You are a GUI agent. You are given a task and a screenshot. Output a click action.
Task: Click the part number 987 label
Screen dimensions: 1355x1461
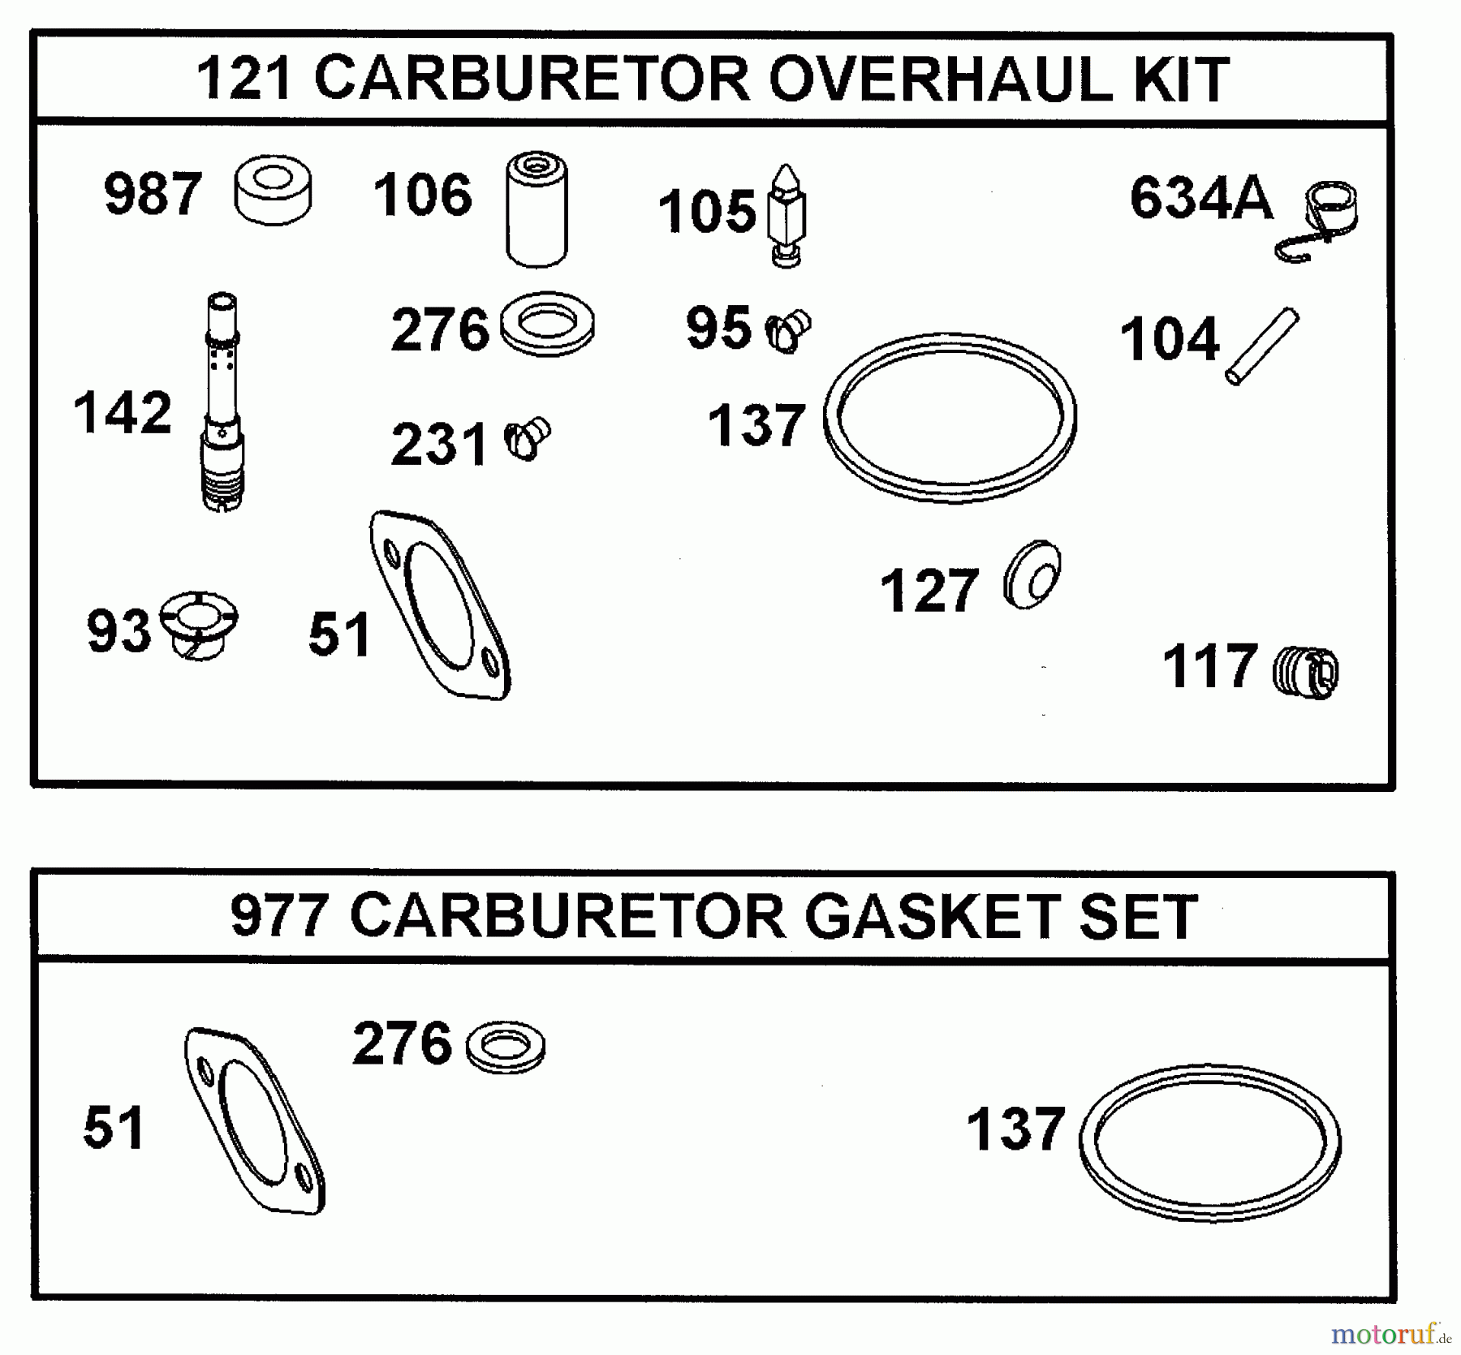[152, 195]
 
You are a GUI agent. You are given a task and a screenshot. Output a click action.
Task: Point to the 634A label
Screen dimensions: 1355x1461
[1201, 199]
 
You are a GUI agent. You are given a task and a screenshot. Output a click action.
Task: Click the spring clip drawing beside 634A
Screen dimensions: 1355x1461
[1321, 222]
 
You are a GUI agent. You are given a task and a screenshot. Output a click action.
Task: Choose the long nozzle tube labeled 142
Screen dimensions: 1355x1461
[222, 402]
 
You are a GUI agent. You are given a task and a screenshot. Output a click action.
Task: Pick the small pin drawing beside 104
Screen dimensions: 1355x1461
[1261, 346]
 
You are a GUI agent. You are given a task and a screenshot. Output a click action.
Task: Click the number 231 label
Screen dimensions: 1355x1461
[439, 445]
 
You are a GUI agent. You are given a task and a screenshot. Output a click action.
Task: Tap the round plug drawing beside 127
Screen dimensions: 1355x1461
[1032, 574]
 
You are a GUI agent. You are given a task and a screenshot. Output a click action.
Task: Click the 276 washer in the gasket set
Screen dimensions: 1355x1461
[506, 1047]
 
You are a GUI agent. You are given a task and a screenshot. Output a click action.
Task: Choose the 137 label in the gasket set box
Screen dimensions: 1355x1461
[1015, 1129]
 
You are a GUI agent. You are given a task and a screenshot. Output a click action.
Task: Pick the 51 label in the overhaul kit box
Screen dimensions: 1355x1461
[339, 634]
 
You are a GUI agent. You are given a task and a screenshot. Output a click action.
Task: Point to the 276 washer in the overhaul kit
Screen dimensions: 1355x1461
[547, 323]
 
